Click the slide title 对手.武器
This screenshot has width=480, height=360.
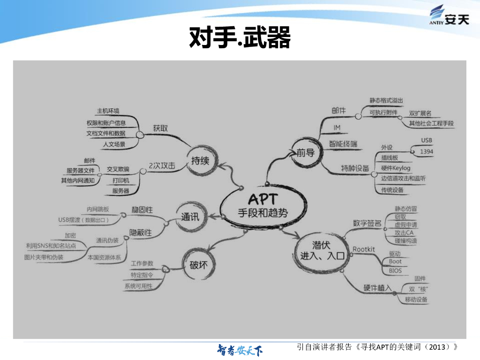coord(240,37)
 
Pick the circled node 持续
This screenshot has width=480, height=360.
coord(200,161)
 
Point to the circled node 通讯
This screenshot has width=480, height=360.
coord(190,217)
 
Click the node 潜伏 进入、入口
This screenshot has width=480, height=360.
coord(322,250)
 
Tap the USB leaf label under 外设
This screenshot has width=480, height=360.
coord(426,140)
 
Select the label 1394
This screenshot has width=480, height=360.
coord(427,151)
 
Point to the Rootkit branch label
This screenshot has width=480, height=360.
coord(364,249)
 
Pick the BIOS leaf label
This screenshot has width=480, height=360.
coord(395,270)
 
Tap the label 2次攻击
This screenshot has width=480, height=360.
coord(162,165)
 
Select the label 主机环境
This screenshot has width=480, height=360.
coord(108,111)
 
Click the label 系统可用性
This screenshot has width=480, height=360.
coord(138,286)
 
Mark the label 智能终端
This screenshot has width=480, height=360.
coord(343,143)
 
